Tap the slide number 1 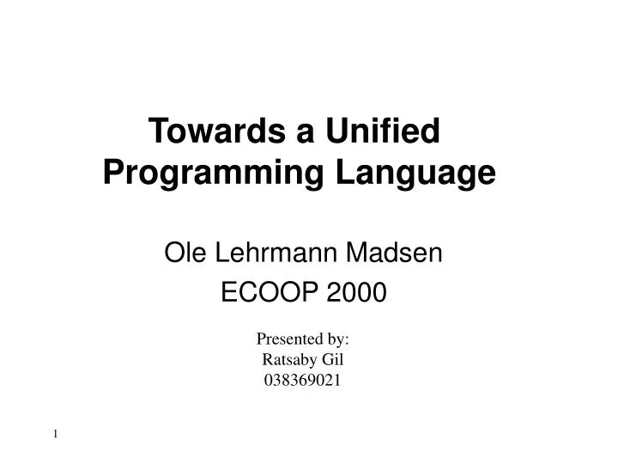click(56, 435)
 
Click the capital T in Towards click(158, 132)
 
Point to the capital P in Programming click(112, 174)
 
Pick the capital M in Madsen click(363, 253)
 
